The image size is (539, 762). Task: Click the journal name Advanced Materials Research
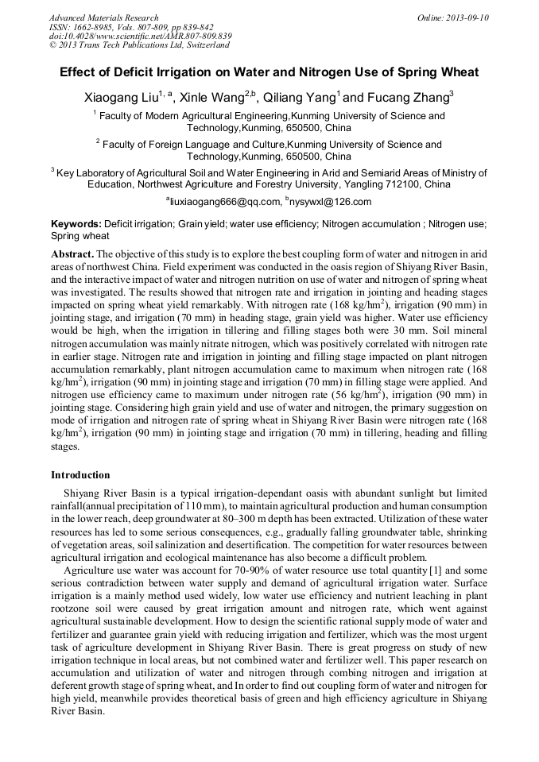(x=103, y=17)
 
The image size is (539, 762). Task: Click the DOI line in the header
(x=140, y=37)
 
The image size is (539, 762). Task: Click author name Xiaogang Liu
(x=120, y=99)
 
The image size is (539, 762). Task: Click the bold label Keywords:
(x=76, y=225)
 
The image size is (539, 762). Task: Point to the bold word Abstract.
(x=72, y=253)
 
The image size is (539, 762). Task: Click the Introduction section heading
(x=80, y=475)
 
